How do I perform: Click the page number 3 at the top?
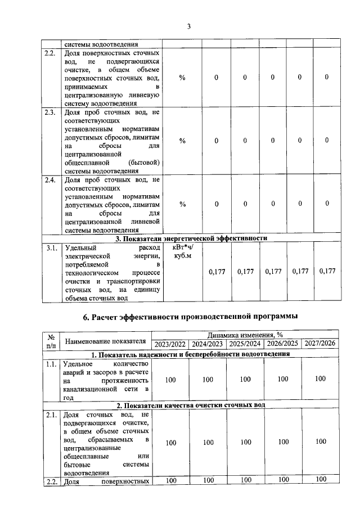190,26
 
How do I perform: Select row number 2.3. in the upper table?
50,112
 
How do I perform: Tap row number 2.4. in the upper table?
50,180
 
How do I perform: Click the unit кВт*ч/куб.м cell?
182,251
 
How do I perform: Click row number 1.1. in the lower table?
51,364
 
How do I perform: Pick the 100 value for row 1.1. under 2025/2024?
245,380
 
